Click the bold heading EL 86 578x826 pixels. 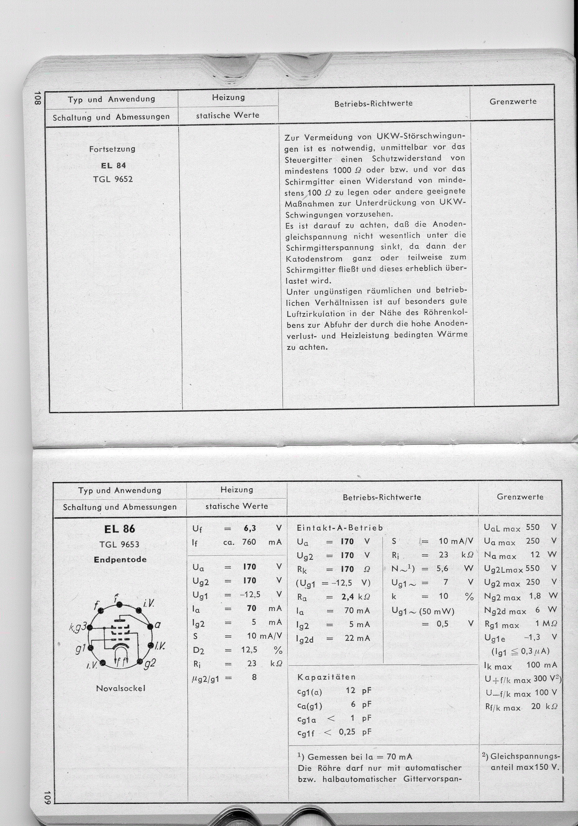click(x=119, y=529)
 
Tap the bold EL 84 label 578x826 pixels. click(x=113, y=166)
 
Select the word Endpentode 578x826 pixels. click(x=120, y=559)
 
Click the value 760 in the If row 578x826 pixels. click(x=249, y=541)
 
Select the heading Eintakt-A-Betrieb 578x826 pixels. click(x=340, y=528)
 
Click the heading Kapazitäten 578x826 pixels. click(x=326, y=677)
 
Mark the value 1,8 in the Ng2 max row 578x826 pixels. click(x=535, y=596)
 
